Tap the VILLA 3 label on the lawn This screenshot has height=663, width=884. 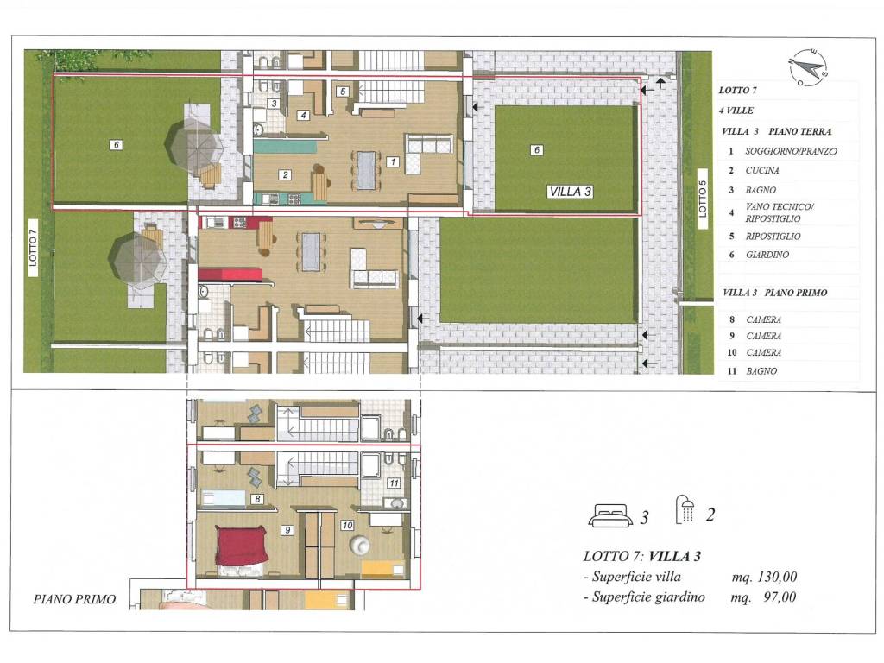[571, 192]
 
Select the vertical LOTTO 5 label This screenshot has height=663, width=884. [703, 199]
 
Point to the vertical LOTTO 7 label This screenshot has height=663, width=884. [33, 248]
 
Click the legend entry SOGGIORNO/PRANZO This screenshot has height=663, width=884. [791, 151]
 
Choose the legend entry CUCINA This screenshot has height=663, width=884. [762, 170]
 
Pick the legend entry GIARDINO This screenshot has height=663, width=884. [767, 255]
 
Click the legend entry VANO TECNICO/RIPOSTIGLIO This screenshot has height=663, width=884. [780, 212]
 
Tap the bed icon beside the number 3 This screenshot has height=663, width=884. [610, 515]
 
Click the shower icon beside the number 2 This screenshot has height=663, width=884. [685, 509]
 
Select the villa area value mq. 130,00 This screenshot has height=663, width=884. [764, 576]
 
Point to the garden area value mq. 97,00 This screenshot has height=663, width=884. [763, 597]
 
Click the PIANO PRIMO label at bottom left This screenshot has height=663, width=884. [74, 599]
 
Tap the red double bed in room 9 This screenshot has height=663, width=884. [241, 546]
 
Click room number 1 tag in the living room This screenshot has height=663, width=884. [393, 161]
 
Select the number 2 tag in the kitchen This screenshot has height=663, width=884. [285, 174]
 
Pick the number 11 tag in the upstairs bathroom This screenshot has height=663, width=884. [394, 483]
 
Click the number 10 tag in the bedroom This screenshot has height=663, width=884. [347, 525]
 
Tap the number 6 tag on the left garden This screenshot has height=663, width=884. [117, 145]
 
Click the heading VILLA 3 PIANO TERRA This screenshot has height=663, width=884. [776, 131]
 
